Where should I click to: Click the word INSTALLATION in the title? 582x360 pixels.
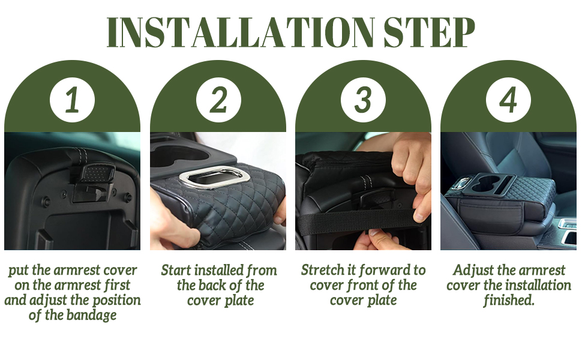pyautogui.click(x=241, y=32)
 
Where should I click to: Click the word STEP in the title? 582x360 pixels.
pyautogui.click(x=429, y=32)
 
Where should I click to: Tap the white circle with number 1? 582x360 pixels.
pyautogui.click(x=73, y=100)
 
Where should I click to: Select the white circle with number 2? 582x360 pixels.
pyautogui.click(x=218, y=100)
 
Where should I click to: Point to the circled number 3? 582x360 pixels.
pyautogui.click(x=364, y=100)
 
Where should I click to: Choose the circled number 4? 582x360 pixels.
pyautogui.click(x=509, y=100)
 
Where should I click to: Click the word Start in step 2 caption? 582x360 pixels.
pyautogui.click(x=176, y=270)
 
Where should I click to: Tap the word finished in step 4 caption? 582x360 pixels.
pyautogui.click(x=509, y=300)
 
